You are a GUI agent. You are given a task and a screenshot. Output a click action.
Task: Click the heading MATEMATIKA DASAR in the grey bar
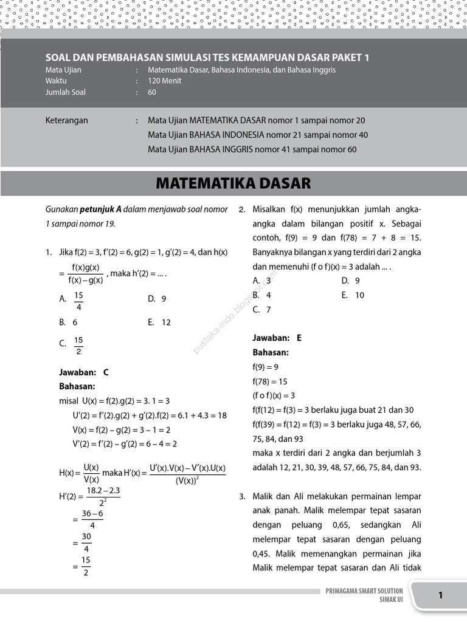coord(233,183)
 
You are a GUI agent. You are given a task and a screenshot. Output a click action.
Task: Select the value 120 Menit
coord(164,81)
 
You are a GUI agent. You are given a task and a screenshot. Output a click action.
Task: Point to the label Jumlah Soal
coord(65,92)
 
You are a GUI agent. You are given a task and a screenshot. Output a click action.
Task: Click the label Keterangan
coord(67,120)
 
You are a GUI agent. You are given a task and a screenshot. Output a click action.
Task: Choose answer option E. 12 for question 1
coord(159,323)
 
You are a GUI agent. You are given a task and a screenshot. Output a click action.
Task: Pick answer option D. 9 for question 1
coord(157,299)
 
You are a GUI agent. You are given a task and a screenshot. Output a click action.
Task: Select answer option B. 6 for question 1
coord(68,323)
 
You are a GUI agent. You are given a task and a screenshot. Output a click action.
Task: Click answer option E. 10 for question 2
coord(353,295)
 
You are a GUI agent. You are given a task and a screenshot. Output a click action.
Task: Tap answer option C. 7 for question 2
coord(261,310)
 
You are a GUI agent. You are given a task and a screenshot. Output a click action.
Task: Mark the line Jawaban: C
coord(84,372)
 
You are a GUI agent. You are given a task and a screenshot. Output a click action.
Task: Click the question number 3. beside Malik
coord(242,496)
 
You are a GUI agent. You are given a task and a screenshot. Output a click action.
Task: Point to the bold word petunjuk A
coord(100,210)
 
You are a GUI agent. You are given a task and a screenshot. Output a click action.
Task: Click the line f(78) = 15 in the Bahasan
coord(269,381)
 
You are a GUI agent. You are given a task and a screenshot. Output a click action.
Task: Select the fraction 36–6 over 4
coord(92,519)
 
